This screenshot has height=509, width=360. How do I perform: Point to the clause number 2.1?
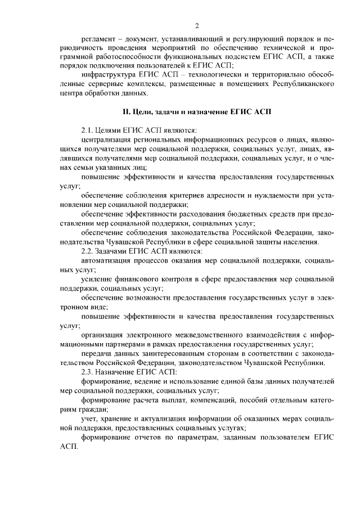[87, 129]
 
